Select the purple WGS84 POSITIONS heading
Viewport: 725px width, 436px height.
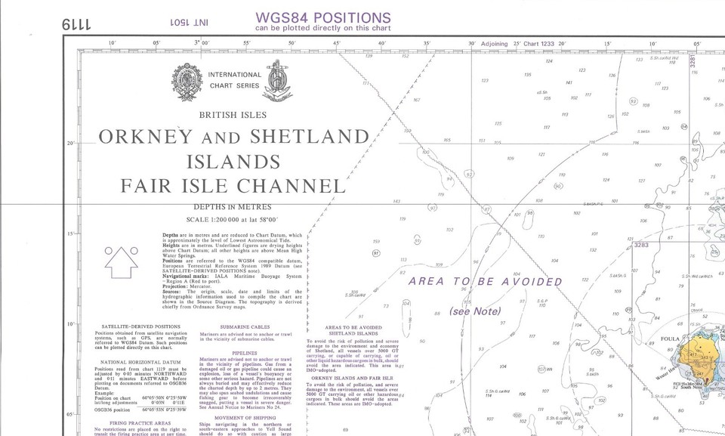point(323,18)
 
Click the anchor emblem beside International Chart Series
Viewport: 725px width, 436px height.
point(280,78)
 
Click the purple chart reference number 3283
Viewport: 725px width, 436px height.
point(641,245)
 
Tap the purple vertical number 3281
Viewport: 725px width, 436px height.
point(693,63)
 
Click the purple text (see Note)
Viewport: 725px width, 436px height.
point(474,311)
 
